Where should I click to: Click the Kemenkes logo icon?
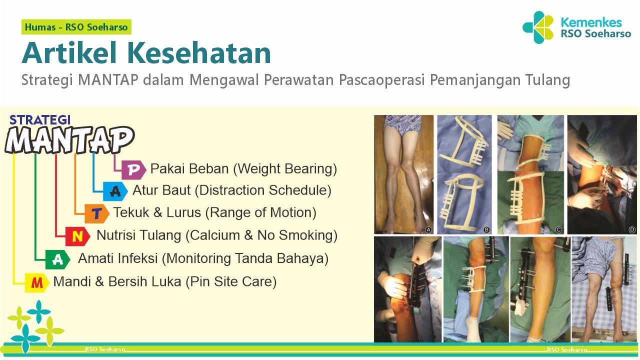click(x=538, y=27)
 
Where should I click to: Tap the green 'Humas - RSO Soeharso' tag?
click(x=76, y=27)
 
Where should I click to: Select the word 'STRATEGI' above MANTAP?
click(x=40, y=120)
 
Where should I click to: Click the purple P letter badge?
click(x=133, y=170)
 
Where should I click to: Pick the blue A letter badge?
click(x=115, y=191)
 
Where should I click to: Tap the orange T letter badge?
click(x=97, y=213)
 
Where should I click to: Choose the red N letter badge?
click(x=77, y=236)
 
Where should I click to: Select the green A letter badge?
click(x=58, y=259)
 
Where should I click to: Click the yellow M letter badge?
click(x=37, y=283)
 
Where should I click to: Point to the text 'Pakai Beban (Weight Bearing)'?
click(x=243, y=169)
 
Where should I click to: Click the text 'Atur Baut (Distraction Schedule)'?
click(x=232, y=190)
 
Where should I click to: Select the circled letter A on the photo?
click(x=428, y=230)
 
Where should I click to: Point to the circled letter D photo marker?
click(x=631, y=230)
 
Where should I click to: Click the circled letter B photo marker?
click(x=486, y=230)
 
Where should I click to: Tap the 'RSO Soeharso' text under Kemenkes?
click(x=595, y=34)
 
